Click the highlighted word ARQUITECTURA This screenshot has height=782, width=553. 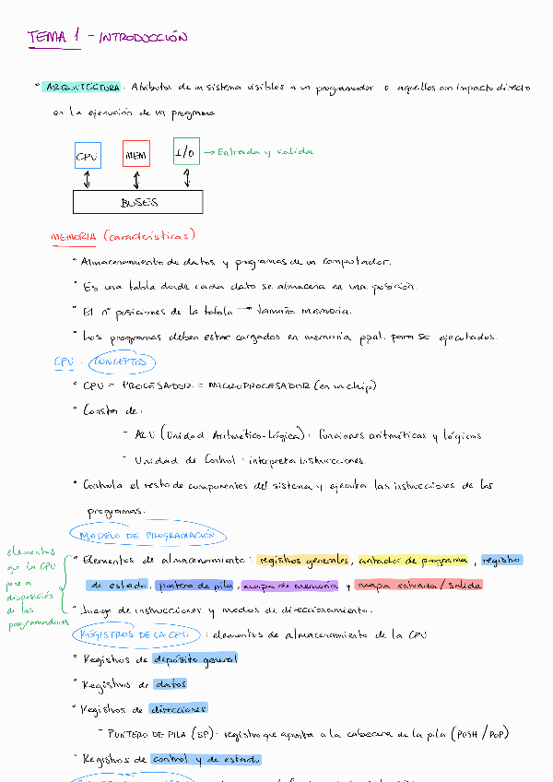click(81, 87)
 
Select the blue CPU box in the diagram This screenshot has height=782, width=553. click(87, 155)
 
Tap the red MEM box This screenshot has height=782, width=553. click(136, 155)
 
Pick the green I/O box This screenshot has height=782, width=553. click(186, 152)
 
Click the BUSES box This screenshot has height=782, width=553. click(138, 202)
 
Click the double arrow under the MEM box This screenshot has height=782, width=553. click(136, 179)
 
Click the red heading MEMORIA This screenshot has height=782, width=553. click(73, 237)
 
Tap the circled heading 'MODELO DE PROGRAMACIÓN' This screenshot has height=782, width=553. click(147, 535)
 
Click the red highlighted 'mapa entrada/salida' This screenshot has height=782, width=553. click(418, 586)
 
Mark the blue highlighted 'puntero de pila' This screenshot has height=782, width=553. click(196, 586)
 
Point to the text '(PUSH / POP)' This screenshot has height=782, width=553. click(480, 734)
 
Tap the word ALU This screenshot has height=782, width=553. click(145, 435)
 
